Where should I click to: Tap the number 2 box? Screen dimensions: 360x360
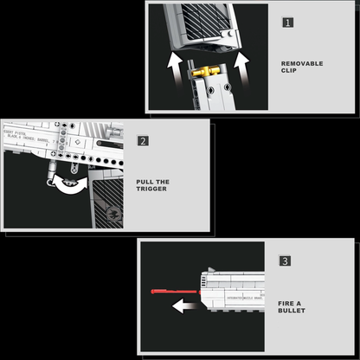143,141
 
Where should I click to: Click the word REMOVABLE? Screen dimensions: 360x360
302,63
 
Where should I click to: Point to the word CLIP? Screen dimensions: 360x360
289,73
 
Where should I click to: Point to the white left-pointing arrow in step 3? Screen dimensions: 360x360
183,305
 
